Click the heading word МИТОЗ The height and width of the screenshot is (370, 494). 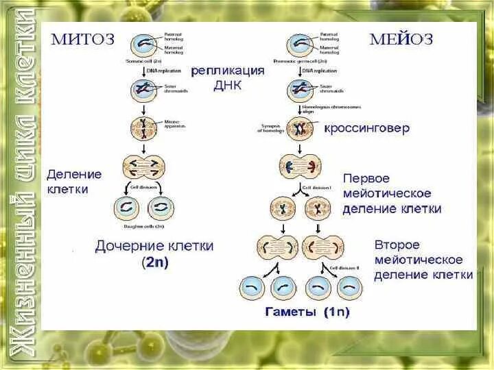coord(84,39)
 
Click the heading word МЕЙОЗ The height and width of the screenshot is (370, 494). coord(402,39)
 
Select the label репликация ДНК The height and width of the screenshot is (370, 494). coord(227,77)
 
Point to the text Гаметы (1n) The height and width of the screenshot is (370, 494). coord(307,312)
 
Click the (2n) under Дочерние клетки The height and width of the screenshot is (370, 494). coord(155,261)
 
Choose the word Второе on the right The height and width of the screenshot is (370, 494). coord(397,245)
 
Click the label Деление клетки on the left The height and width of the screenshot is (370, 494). coord(74,182)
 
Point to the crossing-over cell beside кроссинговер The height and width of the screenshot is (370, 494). coord(299,127)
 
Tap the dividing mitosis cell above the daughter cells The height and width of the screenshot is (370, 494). coord(144,166)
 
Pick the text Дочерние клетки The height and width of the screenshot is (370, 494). coord(154,245)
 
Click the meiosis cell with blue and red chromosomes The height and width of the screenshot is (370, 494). coord(299,166)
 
